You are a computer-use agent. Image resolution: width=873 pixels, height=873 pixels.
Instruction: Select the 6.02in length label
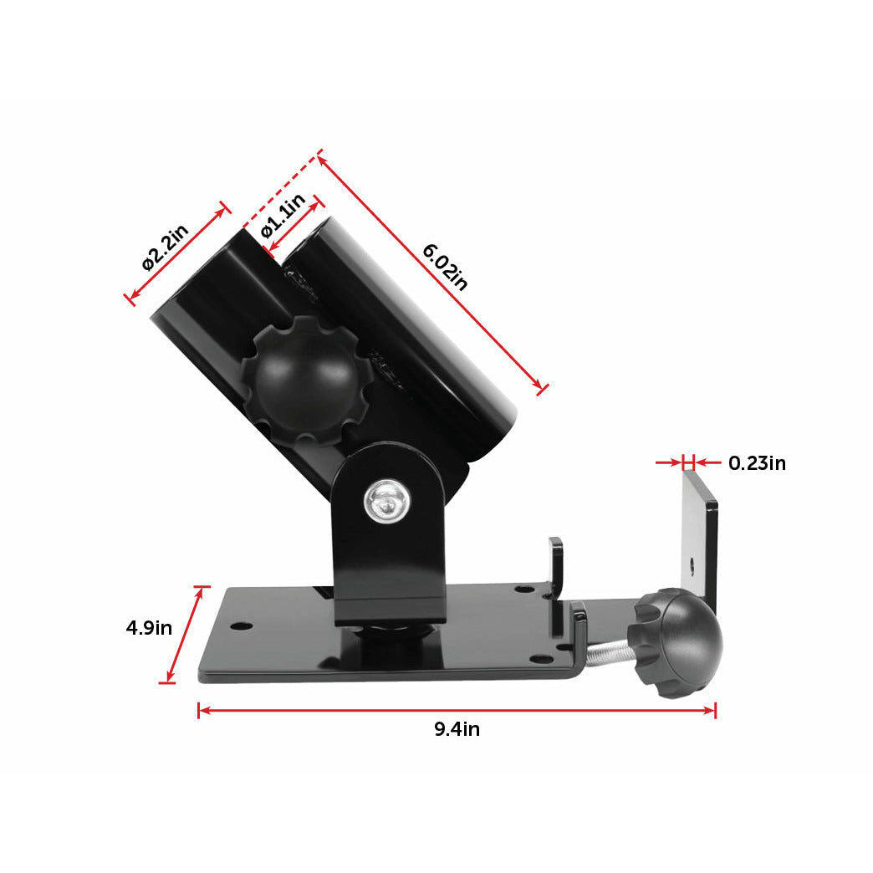tap(445, 266)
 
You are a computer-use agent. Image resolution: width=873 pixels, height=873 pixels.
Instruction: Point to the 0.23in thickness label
tap(757, 462)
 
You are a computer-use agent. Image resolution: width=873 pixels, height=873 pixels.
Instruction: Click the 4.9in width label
tap(149, 627)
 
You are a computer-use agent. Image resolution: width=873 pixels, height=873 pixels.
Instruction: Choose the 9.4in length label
tap(457, 729)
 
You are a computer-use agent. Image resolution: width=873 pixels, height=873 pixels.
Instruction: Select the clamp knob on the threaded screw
tap(678, 641)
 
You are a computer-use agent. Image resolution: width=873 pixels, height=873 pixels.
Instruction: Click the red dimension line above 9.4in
tap(457, 710)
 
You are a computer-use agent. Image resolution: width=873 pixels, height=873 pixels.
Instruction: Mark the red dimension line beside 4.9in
tap(183, 635)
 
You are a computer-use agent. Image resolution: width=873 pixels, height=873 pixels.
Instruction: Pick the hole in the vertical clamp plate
tap(692, 563)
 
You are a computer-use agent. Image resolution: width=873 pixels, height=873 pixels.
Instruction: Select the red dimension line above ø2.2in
tap(176, 252)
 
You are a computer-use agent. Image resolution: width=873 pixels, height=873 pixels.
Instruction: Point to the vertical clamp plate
tap(700, 535)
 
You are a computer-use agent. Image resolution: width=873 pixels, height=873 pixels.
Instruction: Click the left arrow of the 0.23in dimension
tap(668, 462)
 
